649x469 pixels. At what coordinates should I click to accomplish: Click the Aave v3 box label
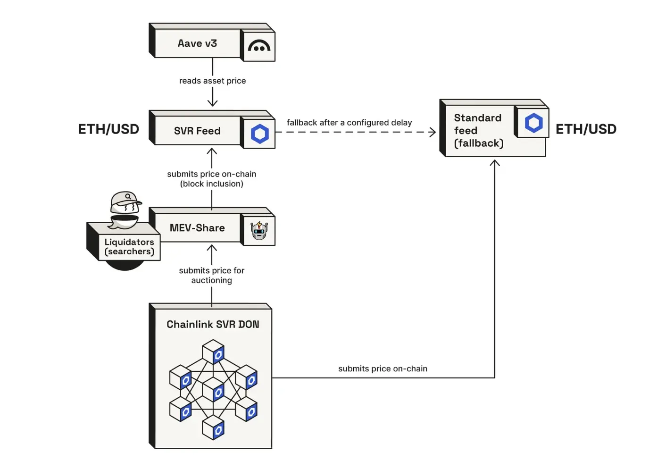[x=197, y=43]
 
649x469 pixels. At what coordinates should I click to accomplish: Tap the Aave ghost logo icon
[x=259, y=46]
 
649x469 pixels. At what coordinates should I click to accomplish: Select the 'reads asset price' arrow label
[x=212, y=81]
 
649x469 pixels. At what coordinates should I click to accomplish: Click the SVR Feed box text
[x=197, y=131]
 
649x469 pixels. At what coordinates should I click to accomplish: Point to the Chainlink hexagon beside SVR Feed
[x=259, y=134]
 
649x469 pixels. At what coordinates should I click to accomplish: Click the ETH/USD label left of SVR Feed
[x=108, y=129]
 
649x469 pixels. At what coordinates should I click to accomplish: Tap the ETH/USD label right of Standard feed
[x=586, y=129]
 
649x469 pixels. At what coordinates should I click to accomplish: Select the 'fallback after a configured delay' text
[x=349, y=123]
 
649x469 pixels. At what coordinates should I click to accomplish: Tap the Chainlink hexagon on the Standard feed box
[x=533, y=123]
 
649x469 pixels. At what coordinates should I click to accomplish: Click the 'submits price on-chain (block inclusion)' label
[x=212, y=179]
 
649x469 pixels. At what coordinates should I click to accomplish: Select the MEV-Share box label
[x=197, y=228]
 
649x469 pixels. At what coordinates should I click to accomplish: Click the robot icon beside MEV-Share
[x=259, y=231]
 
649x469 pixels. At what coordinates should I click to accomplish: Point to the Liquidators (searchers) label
[x=129, y=247]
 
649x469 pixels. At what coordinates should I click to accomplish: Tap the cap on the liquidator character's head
[x=125, y=199]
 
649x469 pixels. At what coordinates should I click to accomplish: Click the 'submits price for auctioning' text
[x=212, y=275]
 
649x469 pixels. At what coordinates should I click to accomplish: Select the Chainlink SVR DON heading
[x=213, y=324]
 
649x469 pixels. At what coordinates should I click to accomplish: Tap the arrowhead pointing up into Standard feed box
[x=495, y=163]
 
